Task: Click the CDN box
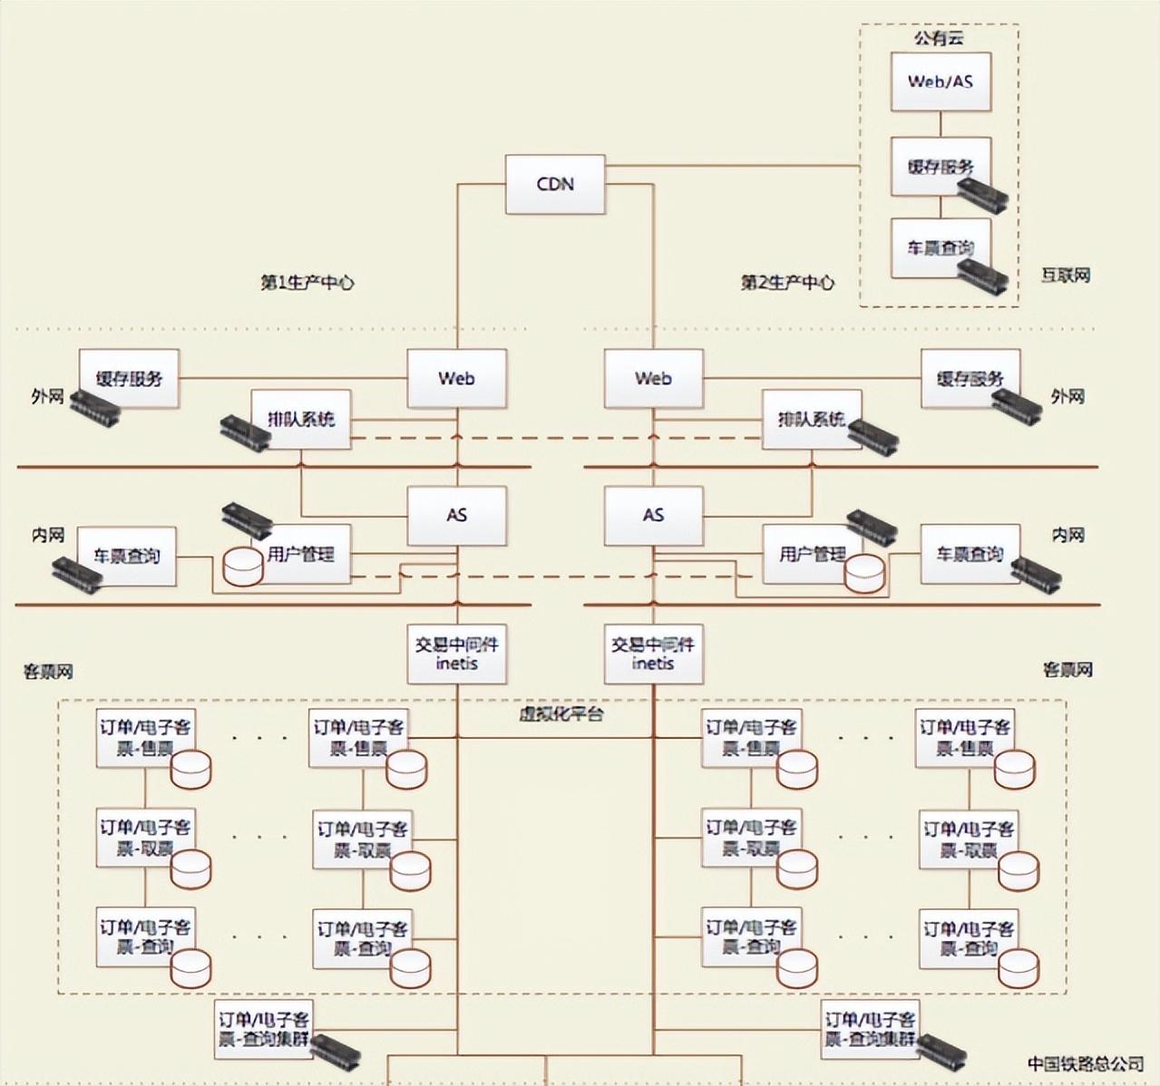point(555,184)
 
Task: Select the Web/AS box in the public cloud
point(940,82)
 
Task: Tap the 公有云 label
point(939,38)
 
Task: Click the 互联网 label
point(1065,276)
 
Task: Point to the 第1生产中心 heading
point(307,283)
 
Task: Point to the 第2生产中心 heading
point(787,283)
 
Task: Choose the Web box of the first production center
point(456,378)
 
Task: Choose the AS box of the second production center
point(653,515)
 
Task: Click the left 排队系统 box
point(300,419)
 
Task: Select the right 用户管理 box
point(811,553)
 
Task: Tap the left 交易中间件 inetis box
point(456,654)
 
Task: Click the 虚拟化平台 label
point(561,714)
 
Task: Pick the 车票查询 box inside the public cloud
point(940,247)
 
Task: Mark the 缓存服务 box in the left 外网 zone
point(129,378)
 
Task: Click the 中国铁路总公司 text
point(1086,1063)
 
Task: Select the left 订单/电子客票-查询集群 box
point(263,1029)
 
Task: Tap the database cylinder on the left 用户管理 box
point(242,567)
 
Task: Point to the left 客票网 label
point(48,672)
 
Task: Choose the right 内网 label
point(1067,536)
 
